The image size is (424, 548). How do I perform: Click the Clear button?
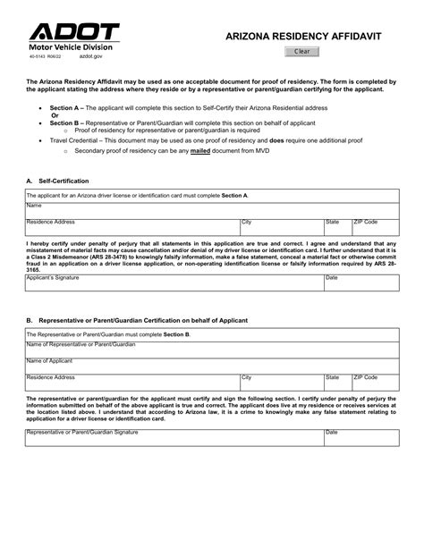click(301, 52)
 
